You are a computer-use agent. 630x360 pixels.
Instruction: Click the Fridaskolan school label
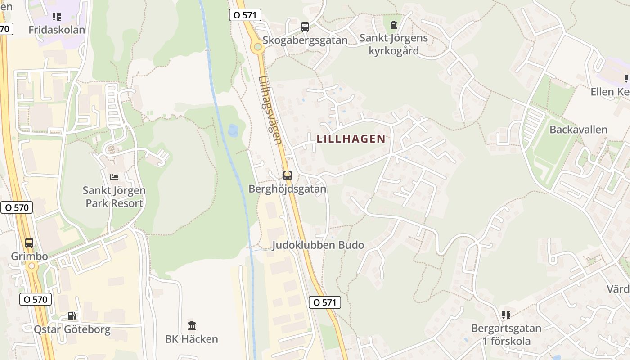[56, 30]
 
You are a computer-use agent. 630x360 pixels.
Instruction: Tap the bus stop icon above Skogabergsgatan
[305, 27]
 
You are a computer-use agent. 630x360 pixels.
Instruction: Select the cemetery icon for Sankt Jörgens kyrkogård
[394, 24]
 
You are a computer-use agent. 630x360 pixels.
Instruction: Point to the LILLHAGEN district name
[351, 139]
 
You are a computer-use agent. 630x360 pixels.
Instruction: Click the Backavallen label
[578, 130]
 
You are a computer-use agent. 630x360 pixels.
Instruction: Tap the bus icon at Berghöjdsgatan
[287, 175]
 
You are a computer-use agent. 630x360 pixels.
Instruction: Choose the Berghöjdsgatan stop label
[287, 189]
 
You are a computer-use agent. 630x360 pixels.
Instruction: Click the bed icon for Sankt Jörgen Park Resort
[114, 177]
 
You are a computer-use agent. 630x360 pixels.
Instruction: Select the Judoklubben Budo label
[318, 245]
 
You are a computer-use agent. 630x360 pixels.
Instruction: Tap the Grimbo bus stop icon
[29, 243]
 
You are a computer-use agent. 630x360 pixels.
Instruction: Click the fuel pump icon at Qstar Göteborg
[72, 316]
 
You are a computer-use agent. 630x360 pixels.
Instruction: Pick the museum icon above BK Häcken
[192, 325]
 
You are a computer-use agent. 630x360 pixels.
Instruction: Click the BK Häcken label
[192, 339]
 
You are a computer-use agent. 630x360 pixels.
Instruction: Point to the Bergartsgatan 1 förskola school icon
[506, 315]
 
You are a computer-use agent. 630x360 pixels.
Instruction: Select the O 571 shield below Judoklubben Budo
[324, 302]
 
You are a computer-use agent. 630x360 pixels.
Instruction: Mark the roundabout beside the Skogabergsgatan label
[257, 46]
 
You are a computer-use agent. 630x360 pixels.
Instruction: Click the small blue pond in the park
[233, 130]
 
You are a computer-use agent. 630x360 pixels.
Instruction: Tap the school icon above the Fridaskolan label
[56, 17]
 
